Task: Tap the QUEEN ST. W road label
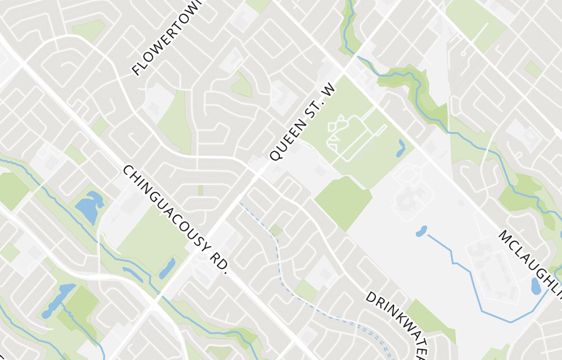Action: tap(302, 123)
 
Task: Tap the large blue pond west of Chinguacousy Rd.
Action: tap(89, 208)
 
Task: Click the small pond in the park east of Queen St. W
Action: tap(401, 148)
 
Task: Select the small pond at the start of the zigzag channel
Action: tap(421, 231)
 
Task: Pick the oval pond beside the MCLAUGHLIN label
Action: tap(536, 286)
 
